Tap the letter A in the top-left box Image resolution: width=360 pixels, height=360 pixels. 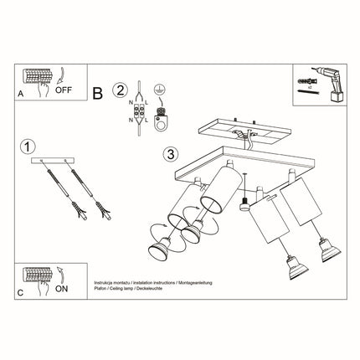pos(20,93)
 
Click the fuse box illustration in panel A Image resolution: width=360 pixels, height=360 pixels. pos(37,77)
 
